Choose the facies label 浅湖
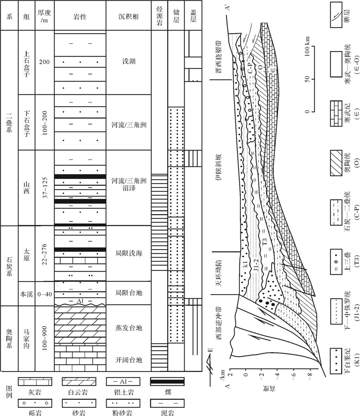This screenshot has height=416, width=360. tap(129, 62)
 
